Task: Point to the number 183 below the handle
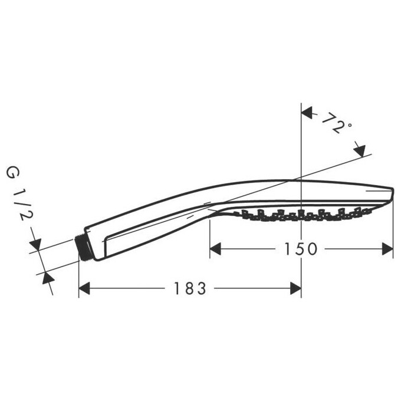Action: click(190, 289)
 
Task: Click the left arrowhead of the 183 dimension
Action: click(84, 288)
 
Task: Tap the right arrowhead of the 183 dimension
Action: click(296, 288)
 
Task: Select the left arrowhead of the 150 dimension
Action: click(216, 249)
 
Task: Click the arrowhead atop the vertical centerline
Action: click(307, 112)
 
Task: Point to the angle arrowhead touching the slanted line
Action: click(360, 150)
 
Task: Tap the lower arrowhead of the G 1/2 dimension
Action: click(45, 278)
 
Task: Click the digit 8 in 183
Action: click(190, 289)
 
